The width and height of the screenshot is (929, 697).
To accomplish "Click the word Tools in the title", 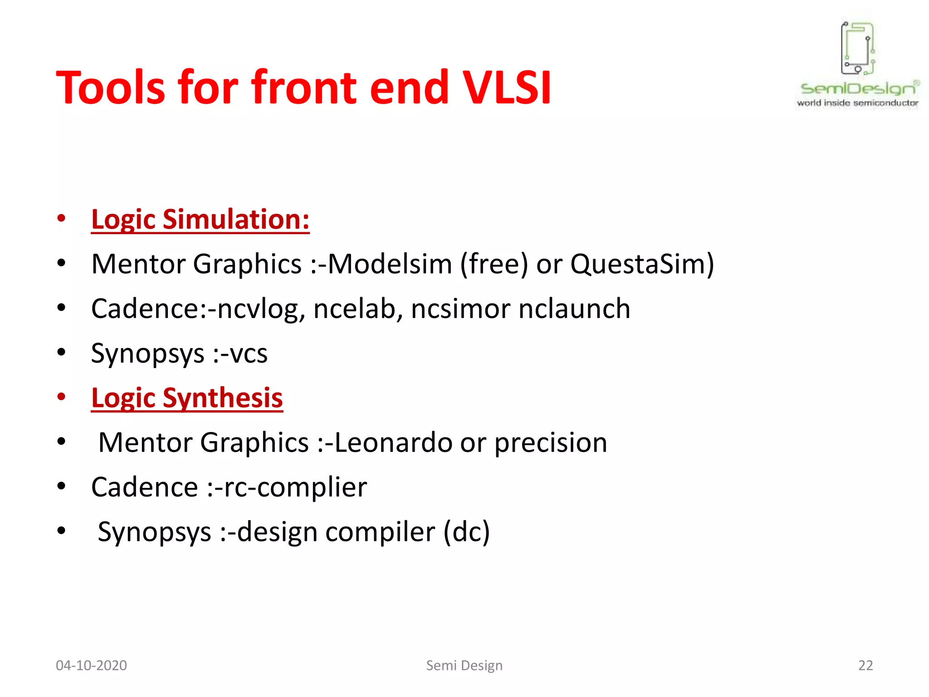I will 111,87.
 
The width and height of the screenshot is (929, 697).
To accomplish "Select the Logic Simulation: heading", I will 200,219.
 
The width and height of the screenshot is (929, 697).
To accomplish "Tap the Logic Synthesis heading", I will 187,398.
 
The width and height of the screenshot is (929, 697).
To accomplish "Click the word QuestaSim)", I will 642,264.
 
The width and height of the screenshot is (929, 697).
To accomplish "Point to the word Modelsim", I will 390,264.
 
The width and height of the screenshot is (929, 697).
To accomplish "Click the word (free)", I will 494,264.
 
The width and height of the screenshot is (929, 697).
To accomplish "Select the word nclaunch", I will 574,309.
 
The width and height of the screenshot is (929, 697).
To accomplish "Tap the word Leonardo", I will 393,442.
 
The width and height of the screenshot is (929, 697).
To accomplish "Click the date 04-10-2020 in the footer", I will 91,665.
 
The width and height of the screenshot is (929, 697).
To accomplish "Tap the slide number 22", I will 865,665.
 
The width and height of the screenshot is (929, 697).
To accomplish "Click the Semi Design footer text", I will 464,665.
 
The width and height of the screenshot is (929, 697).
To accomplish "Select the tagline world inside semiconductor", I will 857,103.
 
